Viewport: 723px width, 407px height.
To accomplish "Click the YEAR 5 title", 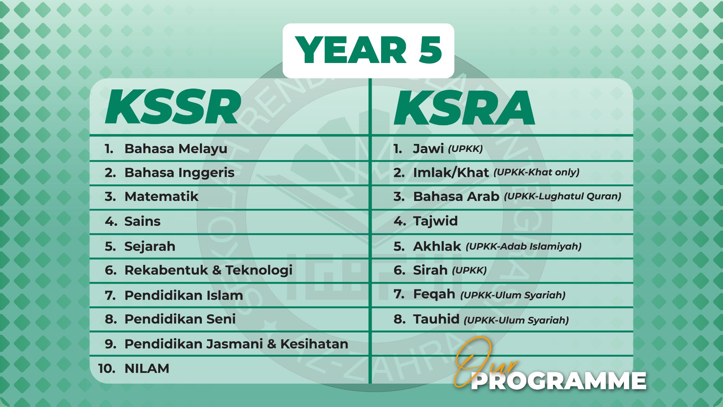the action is point(369,50).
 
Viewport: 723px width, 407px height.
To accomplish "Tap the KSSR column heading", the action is point(173,107).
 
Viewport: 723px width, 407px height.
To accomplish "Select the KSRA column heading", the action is point(464,108).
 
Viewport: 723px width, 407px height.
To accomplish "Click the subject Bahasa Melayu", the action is point(176,149).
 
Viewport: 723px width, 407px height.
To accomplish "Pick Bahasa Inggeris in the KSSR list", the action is point(179,173).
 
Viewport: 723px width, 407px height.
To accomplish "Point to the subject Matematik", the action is point(161,196).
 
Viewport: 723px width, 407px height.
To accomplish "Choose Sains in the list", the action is point(142,221).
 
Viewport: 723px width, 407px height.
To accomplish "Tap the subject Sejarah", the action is point(150,246).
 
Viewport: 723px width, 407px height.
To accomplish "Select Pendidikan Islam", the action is point(184,295).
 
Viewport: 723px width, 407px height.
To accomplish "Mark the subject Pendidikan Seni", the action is point(180,319).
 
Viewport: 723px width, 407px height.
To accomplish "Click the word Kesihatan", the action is point(314,344).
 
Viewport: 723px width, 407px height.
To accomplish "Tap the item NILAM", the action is point(147,369).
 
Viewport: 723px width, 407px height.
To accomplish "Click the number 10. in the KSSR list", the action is point(107,369).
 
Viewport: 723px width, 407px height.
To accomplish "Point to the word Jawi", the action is point(429,149).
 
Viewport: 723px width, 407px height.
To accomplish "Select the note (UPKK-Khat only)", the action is point(537,173).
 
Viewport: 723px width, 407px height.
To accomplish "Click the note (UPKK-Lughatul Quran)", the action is point(563,196).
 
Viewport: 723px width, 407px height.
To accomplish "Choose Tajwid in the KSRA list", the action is point(435,221).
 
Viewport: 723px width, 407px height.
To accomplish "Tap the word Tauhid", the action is point(436,319).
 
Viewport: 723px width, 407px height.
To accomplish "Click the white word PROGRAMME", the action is point(559,381).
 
